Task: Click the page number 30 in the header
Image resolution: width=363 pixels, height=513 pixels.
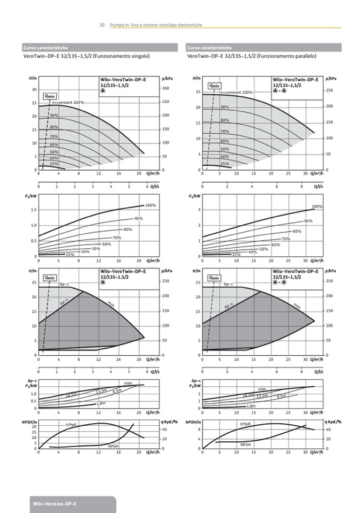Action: point(102,25)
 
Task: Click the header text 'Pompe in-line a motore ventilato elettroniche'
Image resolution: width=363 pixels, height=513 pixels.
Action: point(155,25)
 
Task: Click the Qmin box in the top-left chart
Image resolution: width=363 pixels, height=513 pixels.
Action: point(50,96)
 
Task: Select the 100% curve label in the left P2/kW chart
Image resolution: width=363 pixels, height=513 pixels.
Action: point(150,205)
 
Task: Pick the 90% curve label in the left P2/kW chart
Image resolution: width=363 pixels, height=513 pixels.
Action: point(139,218)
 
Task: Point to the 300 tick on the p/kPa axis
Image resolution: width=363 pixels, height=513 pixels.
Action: point(165,88)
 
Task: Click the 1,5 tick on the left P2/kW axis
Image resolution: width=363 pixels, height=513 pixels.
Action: point(33,210)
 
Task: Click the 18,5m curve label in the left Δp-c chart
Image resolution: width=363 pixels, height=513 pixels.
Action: point(71,395)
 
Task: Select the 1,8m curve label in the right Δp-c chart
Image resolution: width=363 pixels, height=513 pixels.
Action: point(251,407)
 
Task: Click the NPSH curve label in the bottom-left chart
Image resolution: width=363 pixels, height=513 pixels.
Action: point(114,446)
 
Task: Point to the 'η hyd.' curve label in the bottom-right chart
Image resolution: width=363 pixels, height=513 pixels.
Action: point(245,424)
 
